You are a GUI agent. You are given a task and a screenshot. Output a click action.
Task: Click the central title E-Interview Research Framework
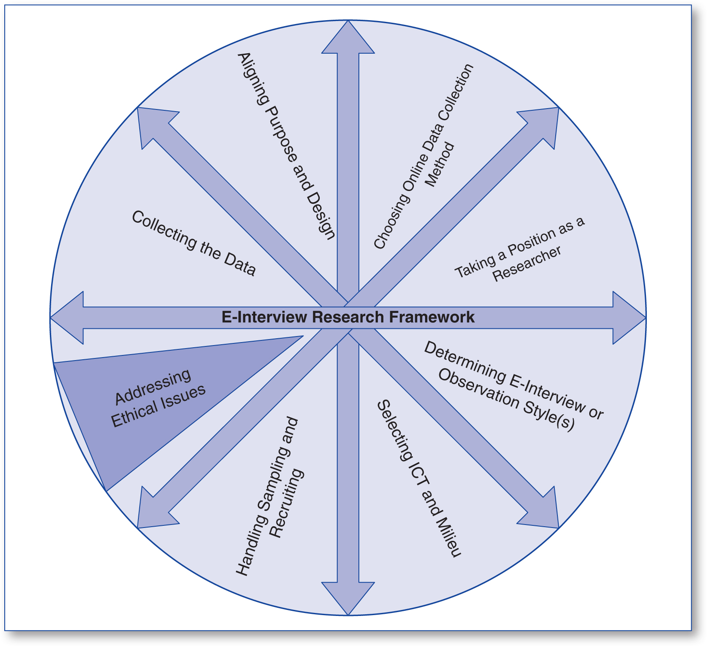348,317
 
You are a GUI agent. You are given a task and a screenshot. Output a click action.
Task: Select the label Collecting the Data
193,243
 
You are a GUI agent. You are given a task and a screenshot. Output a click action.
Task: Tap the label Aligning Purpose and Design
286,146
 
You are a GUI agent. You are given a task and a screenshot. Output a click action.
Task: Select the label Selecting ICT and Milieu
419,478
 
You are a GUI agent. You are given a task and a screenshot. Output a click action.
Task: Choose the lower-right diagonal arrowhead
543,513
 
